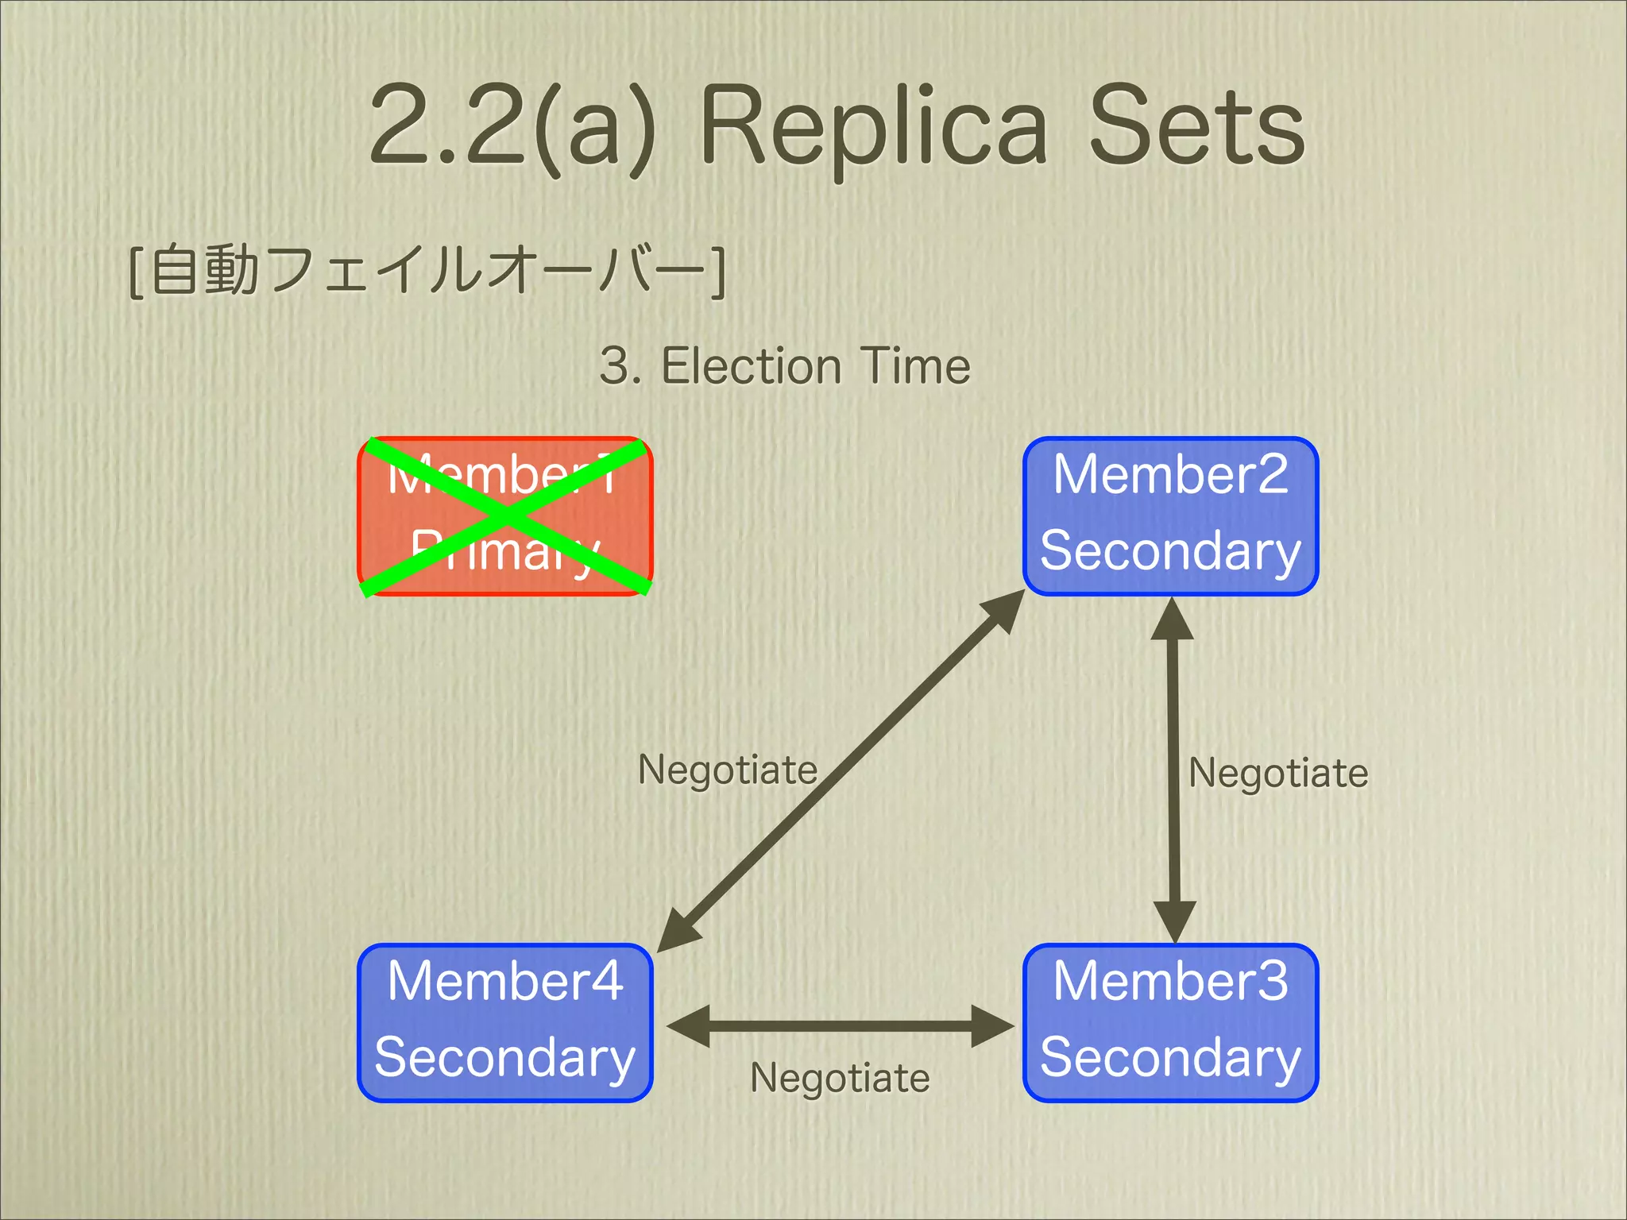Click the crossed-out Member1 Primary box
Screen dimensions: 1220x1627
[505, 516]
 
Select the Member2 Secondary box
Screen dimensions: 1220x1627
[1170, 516]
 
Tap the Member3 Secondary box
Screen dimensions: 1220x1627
[1170, 1023]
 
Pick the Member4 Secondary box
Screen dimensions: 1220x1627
[505, 1023]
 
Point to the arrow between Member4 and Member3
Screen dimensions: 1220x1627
[841, 1026]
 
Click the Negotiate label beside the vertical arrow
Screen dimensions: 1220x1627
[1278, 773]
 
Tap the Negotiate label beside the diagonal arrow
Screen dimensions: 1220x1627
[728, 770]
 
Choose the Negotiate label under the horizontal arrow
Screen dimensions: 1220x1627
[840, 1078]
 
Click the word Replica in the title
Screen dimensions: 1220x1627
[874, 127]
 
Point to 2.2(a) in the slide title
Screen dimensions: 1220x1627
[512, 127]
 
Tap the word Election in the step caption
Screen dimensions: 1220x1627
[751, 366]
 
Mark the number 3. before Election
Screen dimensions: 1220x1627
[621, 366]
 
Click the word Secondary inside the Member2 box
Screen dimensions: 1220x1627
[1170, 551]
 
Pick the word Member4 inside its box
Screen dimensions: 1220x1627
[505, 982]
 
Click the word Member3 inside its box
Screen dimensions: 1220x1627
[1170, 982]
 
